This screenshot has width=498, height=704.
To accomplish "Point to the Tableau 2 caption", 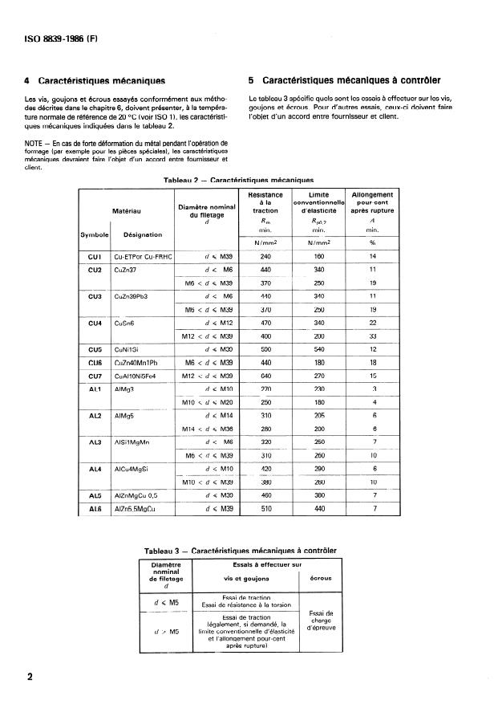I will (x=237, y=181).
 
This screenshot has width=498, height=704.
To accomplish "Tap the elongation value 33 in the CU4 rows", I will (x=371, y=336).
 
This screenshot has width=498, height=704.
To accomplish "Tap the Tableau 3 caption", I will (x=240, y=551).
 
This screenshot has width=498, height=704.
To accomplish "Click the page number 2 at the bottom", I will (x=30, y=677).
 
